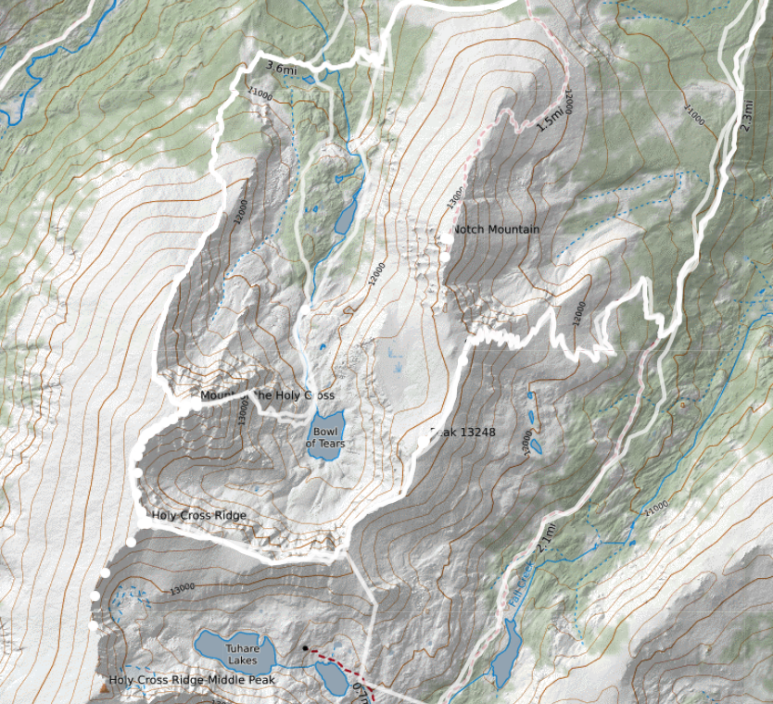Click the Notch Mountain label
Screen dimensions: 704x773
click(495, 229)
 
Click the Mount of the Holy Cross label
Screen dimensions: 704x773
click(267, 396)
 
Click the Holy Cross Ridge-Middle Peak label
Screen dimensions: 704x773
click(192, 680)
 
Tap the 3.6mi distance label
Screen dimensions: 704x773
click(281, 68)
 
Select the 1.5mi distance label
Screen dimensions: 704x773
click(550, 117)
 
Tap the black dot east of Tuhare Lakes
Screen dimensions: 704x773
click(304, 647)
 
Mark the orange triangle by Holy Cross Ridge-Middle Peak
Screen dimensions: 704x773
click(103, 689)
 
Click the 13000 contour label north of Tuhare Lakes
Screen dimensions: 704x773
click(182, 587)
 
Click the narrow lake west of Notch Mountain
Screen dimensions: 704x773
click(345, 219)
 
